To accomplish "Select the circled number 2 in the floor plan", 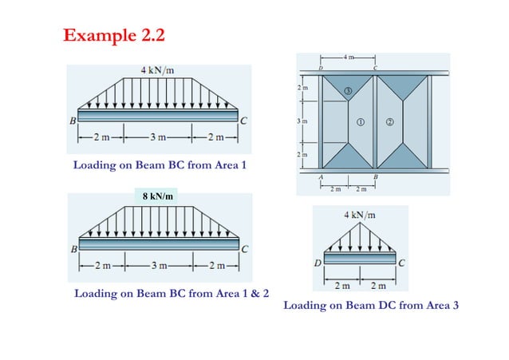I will coord(389,122).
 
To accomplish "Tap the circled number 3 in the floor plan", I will coord(348,91).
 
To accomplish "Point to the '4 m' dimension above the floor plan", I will coord(348,57).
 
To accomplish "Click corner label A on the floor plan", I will coord(321,176).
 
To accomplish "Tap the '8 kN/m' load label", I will coord(158,196).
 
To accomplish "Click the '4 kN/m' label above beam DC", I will coord(361,214).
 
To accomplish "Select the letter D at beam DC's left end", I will coord(319,262).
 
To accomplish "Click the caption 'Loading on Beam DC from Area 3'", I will coord(371,305).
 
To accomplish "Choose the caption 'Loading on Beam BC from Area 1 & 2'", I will coord(171,294).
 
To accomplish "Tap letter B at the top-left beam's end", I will coord(72,121).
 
